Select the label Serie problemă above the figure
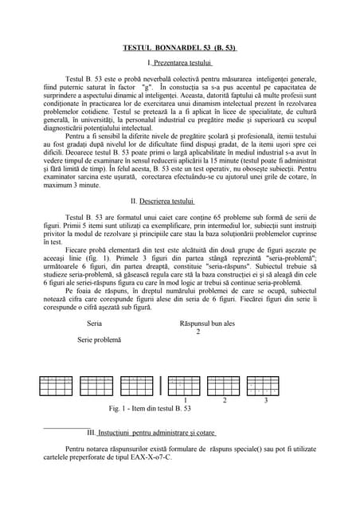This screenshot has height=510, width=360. point(100,339)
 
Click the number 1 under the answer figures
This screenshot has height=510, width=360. point(185,399)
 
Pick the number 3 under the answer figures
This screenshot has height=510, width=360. point(265,399)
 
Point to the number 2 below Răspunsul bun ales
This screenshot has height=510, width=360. point(198,331)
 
